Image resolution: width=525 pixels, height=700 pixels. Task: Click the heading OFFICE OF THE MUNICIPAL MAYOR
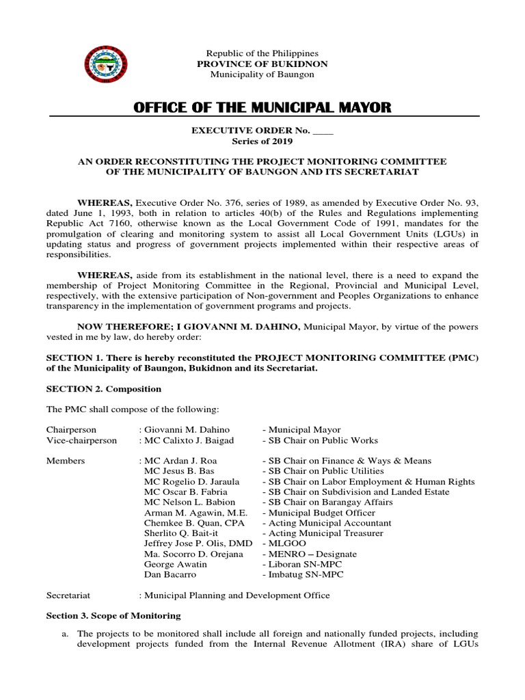click(x=262, y=107)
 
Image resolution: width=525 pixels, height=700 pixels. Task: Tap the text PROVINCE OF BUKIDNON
click(x=262, y=64)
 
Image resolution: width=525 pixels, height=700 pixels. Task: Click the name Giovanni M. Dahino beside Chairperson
click(x=186, y=429)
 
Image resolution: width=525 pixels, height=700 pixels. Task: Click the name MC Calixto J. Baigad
click(x=189, y=440)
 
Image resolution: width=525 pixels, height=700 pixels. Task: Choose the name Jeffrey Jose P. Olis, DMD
click(x=198, y=543)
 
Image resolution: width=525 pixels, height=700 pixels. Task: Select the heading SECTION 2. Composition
click(x=103, y=389)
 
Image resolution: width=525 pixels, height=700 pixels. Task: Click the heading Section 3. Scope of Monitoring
click(x=113, y=615)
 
